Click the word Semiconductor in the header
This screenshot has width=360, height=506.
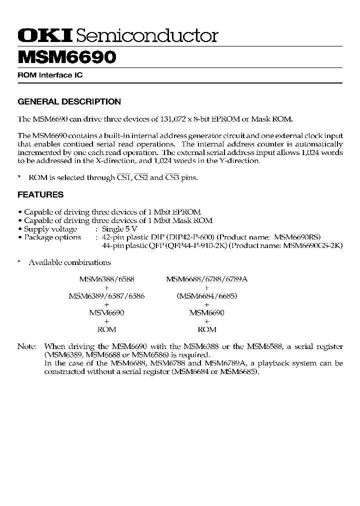(148, 35)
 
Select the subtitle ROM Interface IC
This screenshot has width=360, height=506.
(50, 75)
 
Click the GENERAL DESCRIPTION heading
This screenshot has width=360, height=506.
(69, 101)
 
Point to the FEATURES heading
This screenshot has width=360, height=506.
(40, 194)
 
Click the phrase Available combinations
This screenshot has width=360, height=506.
(69, 262)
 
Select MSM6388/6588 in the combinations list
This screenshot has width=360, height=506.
(106, 279)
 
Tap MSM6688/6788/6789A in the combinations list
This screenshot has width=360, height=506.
(206, 279)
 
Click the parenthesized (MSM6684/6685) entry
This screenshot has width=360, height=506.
(206, 296)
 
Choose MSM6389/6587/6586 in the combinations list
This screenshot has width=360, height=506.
(106, 296)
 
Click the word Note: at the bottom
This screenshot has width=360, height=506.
(27, 346)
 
